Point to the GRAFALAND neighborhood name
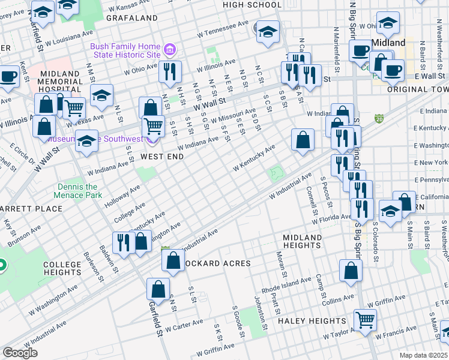131,18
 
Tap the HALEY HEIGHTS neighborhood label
312,321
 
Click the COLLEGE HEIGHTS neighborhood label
62,268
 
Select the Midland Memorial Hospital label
59,80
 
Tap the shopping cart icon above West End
153,125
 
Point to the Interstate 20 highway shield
379,119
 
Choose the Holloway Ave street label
121,196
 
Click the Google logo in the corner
20,352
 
